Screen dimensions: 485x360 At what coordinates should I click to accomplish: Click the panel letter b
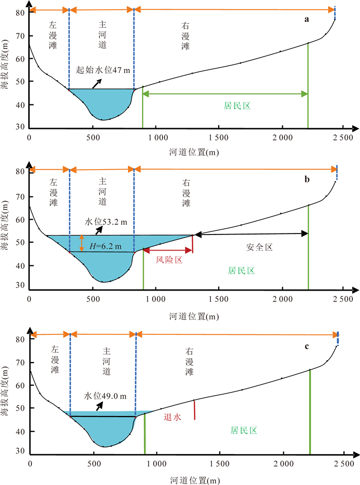307,179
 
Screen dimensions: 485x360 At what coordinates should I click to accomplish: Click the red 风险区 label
170,261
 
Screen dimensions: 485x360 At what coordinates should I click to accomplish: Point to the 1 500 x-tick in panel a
220,138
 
